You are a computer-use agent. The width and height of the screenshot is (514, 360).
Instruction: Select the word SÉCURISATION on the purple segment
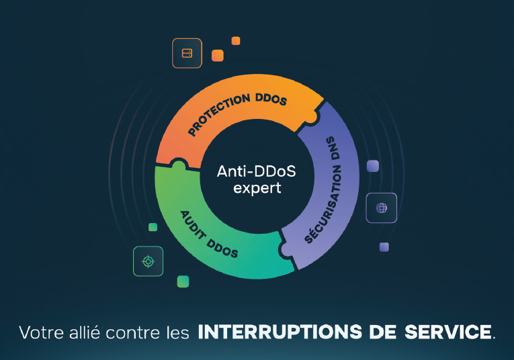[323, 204]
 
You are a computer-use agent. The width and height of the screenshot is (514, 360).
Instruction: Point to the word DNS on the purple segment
[333, 148]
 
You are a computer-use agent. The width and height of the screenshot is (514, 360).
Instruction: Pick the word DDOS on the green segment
[222, 249]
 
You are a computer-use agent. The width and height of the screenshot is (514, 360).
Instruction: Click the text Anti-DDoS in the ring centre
[257, 171]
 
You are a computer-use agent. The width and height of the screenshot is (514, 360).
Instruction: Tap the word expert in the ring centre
[257, 188]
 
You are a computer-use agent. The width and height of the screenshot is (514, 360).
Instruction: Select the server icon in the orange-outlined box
[187, 53]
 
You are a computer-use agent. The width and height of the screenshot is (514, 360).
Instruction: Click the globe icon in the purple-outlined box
[382, 208]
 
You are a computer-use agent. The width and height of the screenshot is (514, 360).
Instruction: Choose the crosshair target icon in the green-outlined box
[148, 261]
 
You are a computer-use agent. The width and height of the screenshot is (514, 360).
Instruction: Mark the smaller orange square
[236, 40]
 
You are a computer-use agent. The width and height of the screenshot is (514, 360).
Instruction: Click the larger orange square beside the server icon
[218, 55]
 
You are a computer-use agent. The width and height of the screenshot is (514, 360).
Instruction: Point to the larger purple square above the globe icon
[373, 166]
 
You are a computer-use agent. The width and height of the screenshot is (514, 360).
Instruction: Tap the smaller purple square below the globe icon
[384, 247]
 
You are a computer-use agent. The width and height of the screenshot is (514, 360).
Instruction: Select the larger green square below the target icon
[183, 281]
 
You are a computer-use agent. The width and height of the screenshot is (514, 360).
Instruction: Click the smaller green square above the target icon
[153, 227]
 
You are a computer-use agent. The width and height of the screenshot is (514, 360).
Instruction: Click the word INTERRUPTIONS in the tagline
[280, 332]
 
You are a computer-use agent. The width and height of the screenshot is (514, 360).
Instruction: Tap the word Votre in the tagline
[41, 332]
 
